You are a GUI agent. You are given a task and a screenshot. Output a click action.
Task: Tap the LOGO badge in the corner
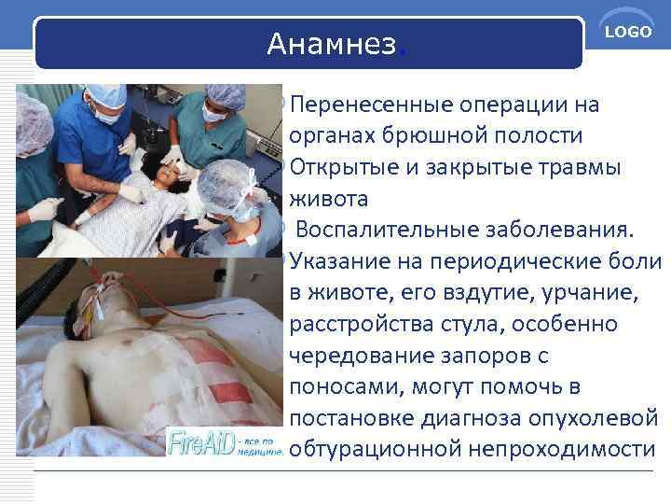coord(628,33)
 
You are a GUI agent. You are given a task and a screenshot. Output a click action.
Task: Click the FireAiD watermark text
coord(199,441)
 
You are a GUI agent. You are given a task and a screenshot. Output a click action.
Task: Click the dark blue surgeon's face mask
coord(110,115)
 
